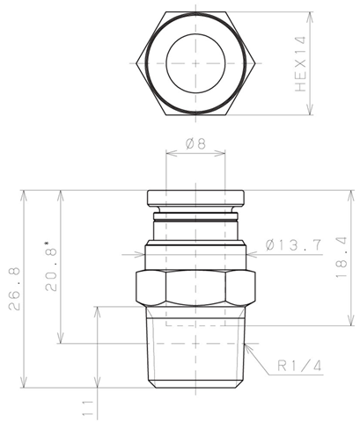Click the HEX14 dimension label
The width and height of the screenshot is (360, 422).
301,63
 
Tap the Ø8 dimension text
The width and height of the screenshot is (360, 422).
195,144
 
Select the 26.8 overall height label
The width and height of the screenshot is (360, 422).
14,288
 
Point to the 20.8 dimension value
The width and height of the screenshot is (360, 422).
51,269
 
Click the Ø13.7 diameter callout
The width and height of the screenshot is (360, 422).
294,245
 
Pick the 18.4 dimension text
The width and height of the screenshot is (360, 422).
342,258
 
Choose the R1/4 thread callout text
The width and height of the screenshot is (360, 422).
299,366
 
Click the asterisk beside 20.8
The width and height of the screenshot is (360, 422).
47,244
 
